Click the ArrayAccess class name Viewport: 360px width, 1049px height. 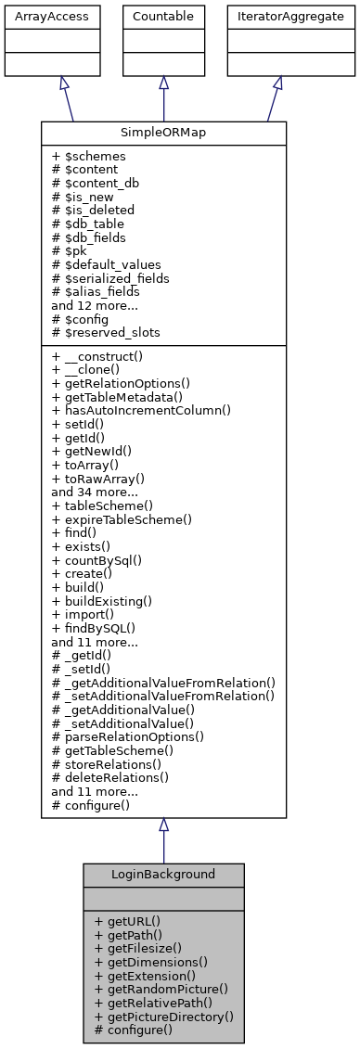coord(37,17)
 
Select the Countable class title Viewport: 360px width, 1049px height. coord(163,17)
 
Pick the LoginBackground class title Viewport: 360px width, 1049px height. coord(163,874)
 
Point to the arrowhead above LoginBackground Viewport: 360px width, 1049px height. coord(163,825)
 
